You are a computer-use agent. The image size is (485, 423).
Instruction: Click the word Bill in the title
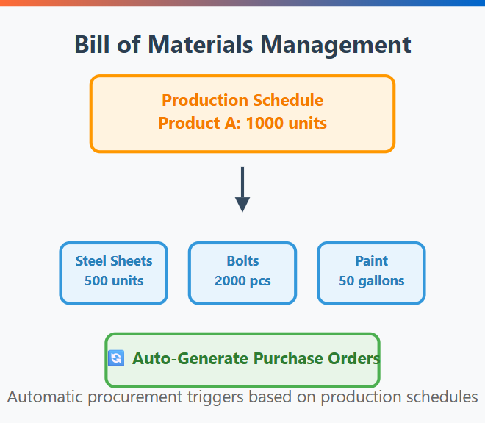point(92,45)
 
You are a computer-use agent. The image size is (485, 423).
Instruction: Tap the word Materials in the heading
point(201,45)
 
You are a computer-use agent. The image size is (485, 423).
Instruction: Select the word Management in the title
point(336,46)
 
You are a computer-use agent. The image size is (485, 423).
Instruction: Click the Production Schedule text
point(242,100)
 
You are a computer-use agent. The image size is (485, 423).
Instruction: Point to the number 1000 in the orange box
point(265,123)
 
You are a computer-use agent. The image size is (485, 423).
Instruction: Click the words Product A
point(199,123)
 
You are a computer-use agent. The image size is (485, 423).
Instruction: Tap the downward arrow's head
point(242,205)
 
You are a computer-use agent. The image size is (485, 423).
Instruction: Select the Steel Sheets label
point(114,260)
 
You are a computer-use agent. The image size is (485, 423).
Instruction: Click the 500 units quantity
point(114,280)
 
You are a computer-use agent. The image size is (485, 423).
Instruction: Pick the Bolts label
point(242,260)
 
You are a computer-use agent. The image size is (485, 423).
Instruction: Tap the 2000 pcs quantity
point(242,281)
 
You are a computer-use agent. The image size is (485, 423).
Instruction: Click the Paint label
point(372,260)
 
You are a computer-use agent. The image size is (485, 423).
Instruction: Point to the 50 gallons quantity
point(372,281)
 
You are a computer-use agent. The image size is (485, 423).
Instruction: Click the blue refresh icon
point(116,358)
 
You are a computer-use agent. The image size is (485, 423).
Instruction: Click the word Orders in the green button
point(354,358)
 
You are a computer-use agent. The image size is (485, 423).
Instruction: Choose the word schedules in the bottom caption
point(442,397)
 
